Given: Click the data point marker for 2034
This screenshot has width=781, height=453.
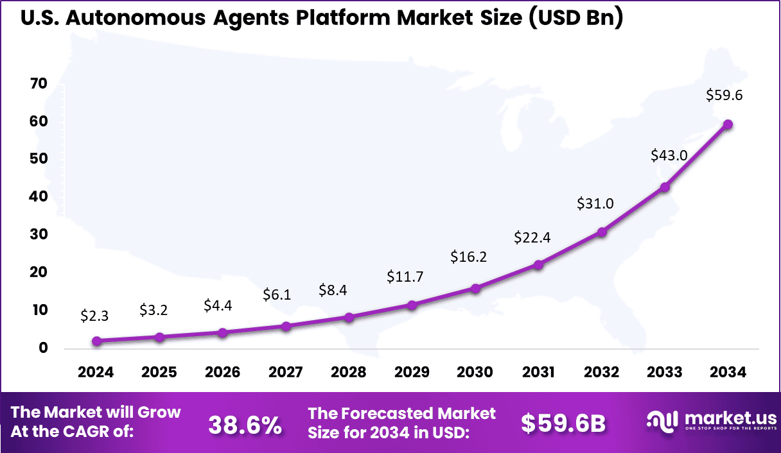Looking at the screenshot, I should pyautogui.click(x=728, y=124).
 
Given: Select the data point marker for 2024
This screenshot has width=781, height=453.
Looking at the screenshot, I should pyautogui.click(x=96, y=341).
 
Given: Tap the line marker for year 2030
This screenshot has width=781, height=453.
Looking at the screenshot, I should pyautogui.click(x=475, y=289).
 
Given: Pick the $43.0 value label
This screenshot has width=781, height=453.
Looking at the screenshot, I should pyautogui.click(x=669, y=155).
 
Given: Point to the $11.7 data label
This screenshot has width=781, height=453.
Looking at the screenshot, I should pyautogui.click(x=405, y=277).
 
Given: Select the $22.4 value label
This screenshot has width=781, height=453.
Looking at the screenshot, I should pyautogui.click(x=532, y=238).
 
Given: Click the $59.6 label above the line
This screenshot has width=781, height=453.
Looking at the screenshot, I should pyautogui.click(x=724, y=96).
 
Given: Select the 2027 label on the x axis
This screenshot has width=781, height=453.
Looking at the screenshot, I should pyautogui.click(x=286, y=373).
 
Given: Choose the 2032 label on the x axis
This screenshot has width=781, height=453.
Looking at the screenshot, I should pyautogui.click(x=602, y=373).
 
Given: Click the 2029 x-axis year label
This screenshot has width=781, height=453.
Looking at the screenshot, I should pyautogui.click(x=412, y=373).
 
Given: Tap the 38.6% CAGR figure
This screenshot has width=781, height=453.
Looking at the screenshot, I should pyautogui.click(x=245, y=423).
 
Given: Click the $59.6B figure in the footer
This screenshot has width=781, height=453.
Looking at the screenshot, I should pyautogui.click(x=563, y=423).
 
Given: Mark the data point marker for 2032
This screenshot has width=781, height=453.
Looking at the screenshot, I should pyautogui.click(x=602, y=232).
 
